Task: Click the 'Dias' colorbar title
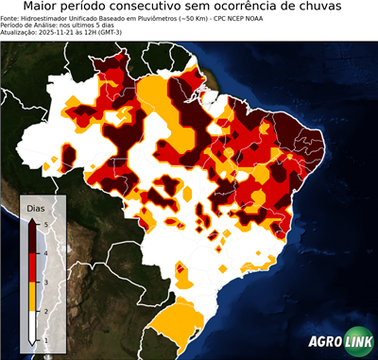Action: [35, 207]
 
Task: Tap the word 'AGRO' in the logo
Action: [325, 342]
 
